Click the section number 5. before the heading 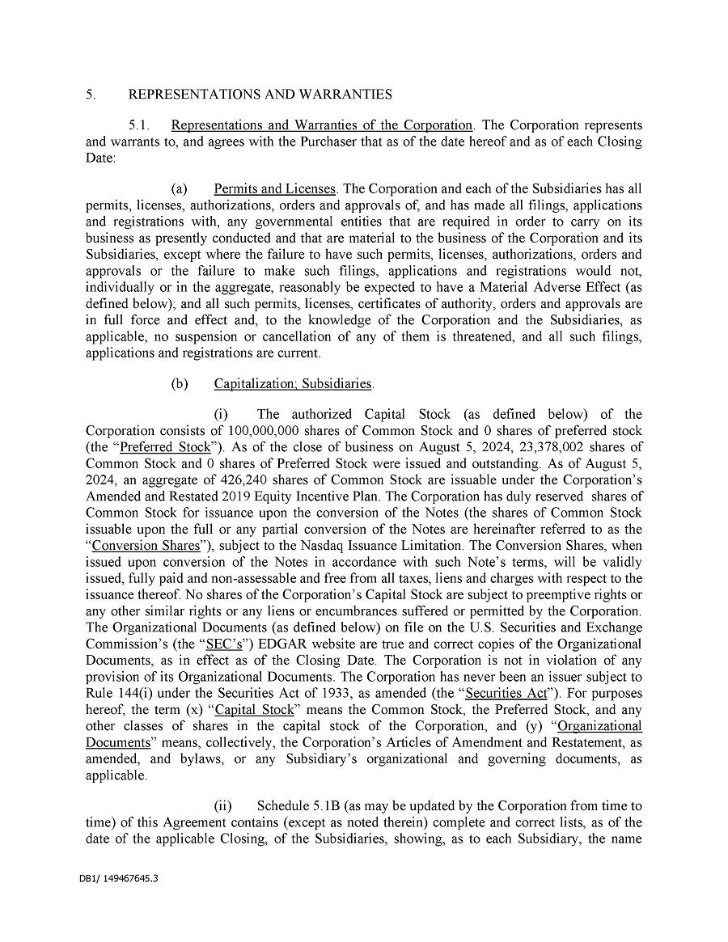tap(91, 95)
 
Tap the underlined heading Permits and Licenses tap(274, 188)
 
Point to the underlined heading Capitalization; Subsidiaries tap(294, 383)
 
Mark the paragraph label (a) tap(178, 188)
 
